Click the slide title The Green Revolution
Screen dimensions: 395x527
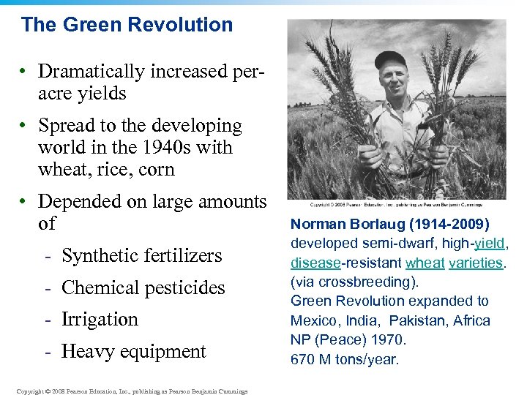click(x=127, y=25)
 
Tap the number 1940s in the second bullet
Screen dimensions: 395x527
click(x=160, y=148)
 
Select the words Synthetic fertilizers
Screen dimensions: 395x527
click(x=141, y=256)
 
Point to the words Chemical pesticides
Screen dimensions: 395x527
click(x=143, y=288)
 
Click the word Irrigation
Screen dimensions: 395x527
click(x=100, y=320)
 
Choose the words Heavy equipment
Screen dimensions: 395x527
click(x=134, y=352)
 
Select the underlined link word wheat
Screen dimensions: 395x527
click(x=425, y=263)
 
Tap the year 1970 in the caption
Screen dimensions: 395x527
click(x=390, y=339)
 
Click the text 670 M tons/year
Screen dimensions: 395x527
click(x=345, y=359)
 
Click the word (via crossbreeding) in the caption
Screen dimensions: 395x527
click(x=350, y=282)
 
